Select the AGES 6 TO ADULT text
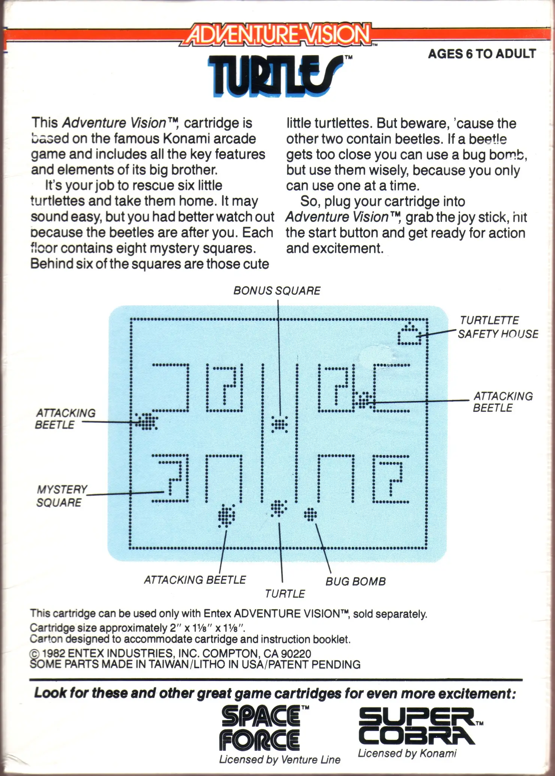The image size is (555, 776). (x=482, y=54)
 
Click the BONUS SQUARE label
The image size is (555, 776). (x=277, y=291)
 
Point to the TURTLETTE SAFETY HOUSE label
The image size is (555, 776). (x=498, y=327)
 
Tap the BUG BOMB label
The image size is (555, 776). (x=355, y=582)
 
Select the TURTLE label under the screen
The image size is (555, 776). (x=285, y=594)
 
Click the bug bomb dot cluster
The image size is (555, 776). (x=310, y=514)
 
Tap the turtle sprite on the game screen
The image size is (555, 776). (x=278, y=508)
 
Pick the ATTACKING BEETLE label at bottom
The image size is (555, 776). (x=195, y=580)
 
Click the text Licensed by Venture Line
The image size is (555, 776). (x=280, y=759)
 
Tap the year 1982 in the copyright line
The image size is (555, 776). (x=54, y=654)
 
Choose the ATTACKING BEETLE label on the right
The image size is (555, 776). (x=503, y=402)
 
